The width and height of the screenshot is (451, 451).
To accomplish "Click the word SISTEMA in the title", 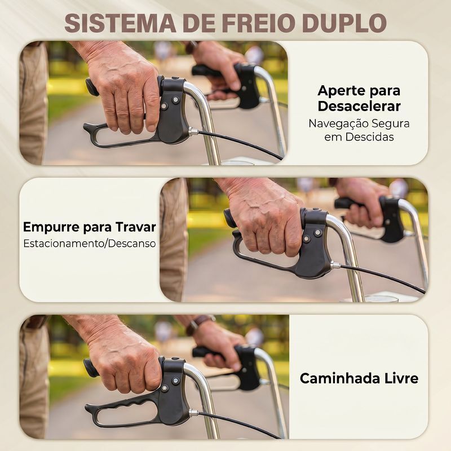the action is (x=120, y=23).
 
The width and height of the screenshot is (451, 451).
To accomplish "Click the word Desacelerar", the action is (x=359, y=106).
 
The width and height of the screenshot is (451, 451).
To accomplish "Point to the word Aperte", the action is (x=338, y=91).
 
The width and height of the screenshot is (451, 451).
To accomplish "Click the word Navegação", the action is (x=338, y=124).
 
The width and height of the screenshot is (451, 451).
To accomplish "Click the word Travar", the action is (x=135, y=227).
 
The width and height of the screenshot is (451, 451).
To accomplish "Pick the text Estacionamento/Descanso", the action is (x=90, y=244).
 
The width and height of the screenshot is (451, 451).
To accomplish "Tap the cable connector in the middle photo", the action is (x=335, y=265).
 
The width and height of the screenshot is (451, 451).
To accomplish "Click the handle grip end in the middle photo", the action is (x=229, y=218).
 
